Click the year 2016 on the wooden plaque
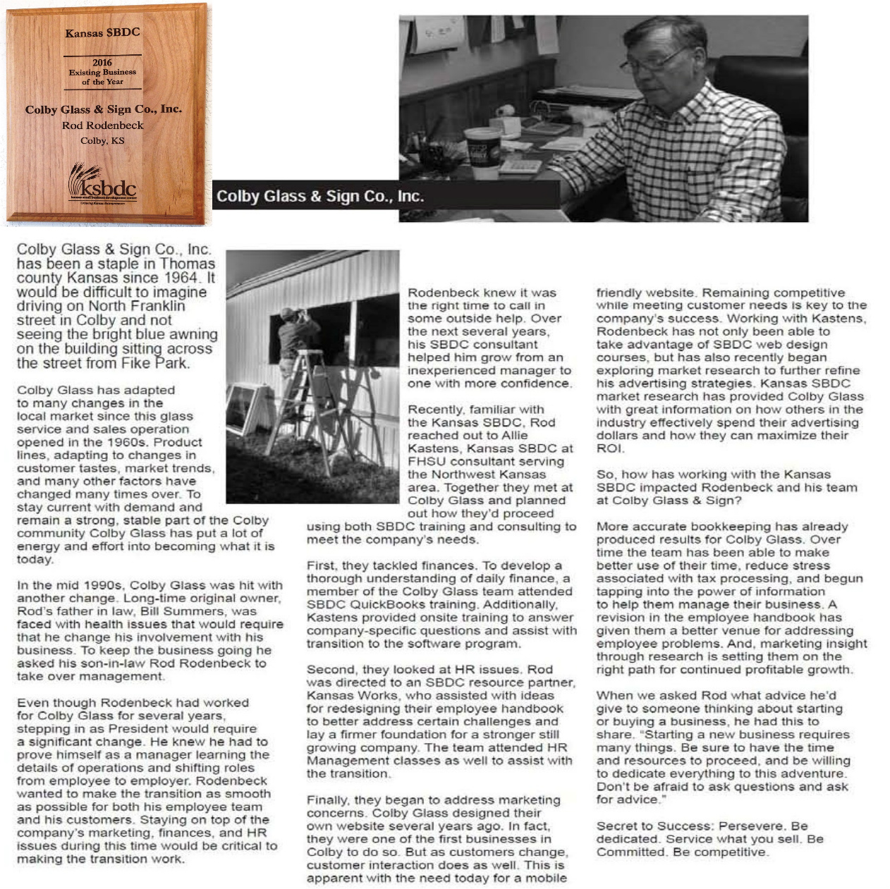(x=102, y=63)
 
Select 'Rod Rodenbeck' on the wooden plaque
(x=102, y=125)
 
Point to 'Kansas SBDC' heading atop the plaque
(x=102, y=32)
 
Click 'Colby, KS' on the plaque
(x=102, y=140)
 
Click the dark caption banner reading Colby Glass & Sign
(x=319, y=196)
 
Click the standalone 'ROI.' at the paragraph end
(x=610, y=448)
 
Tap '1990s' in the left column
(x=104, y=585)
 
